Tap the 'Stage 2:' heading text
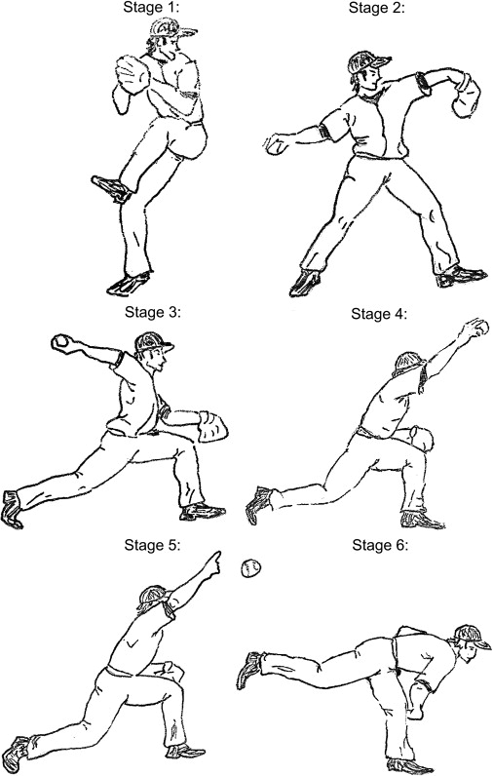pyautogui.click(x=376, y=8)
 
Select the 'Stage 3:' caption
pyautogui.click(x=153, y=312)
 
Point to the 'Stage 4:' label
pyautogui.click(x=379, y=314)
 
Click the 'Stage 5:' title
pyautogui.click(x=152, y=545)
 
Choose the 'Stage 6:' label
pyautogui.click(x=380, y=545)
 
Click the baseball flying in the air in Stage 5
pyautogui.click(x=250, y=568)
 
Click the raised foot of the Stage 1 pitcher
pyautogui.click(x=112, y=189)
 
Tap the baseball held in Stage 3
pyautogui.click(x=61, y=342)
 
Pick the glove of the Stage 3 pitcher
pyautogui.click(x=213, y=427)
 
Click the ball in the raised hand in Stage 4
pyautogui.click(x=480, y=328)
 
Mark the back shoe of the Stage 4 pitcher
pyautogui.click(x=258, y=504)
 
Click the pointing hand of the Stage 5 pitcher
pyautogui.click(x=211, y=564)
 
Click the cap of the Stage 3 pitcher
pyautogui.click(x=153, y=341)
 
